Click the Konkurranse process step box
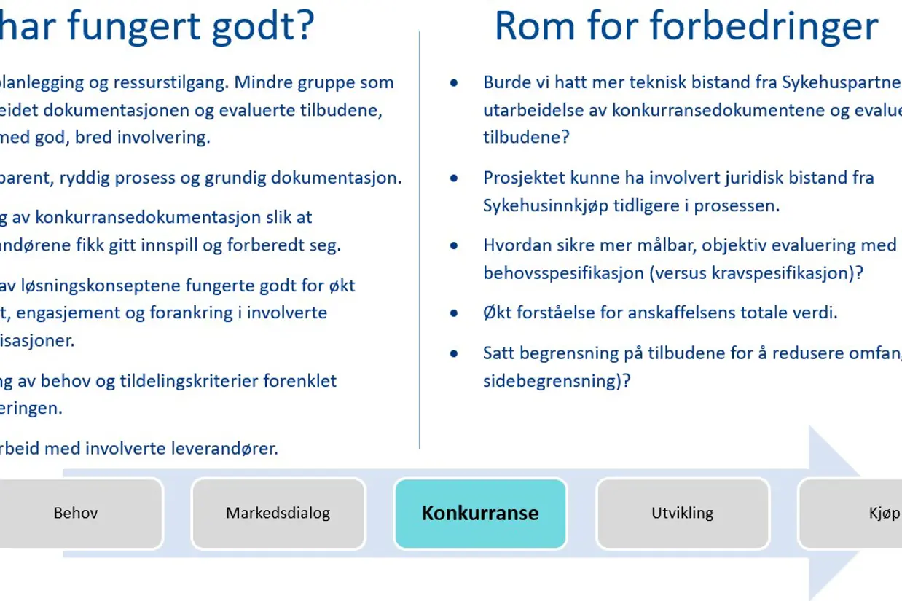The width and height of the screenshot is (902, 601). [480, 513]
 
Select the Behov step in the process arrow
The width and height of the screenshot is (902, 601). [76, 513]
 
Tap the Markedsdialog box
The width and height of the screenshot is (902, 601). [278, 513]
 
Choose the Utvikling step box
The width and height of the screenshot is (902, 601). [682, 513]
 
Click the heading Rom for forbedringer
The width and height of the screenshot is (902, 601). [686, 26]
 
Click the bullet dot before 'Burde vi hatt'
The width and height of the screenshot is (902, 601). [455, 82]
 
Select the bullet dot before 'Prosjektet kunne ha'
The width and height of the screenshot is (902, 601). [455, 178]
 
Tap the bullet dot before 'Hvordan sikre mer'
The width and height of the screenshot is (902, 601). [455, 245]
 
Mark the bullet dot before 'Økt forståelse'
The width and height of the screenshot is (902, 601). [455, 313]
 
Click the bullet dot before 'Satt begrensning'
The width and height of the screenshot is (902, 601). [455, 353]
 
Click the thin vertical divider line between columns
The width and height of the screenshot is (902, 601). [420, 240]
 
